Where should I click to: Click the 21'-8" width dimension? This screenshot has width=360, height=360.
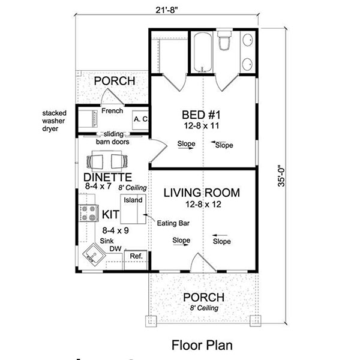pyautogui.click(x=167, y=10)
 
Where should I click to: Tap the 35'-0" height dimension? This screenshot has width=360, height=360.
pyautogui.click(x=281, y=176)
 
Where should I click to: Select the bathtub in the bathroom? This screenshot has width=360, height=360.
pyautogui.click(x=203, y=53)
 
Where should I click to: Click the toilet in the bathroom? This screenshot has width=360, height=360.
pyautogui.click(x=224, y=39)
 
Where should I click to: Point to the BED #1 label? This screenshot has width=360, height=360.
pyautogui.click(x=201, y=115)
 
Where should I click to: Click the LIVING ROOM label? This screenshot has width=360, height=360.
pyautogui.click(x=202, y=193)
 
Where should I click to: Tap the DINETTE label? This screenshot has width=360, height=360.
pyautogui.click(x=107, y=177)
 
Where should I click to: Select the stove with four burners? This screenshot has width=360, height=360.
pyautogui.click(x=88, y=213)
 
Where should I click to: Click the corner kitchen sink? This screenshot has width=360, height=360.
pyautogui.click(x=94, y=254)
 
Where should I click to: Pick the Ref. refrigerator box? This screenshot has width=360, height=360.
pyautogui.click(x=136, y=260)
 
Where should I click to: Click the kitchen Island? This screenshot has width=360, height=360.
pyautogui.click(x=133, y=209)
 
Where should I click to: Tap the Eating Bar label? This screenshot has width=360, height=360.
pyautogui.click(x=173, y=223)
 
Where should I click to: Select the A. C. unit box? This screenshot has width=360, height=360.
pyautogui.click(x=140, y=120)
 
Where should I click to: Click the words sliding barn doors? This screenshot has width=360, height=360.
pyautogui.click(x=113, y=138)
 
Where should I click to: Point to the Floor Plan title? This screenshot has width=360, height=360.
pyautogui.click(x=202, y=345)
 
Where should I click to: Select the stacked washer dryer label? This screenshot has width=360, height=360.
pyautogui.click(x=54, y=121)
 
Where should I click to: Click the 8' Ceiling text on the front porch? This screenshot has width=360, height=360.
pyautogui.click(x=204, y=308)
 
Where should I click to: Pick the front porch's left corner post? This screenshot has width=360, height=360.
pyautogui.click(x=151, y=321)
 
